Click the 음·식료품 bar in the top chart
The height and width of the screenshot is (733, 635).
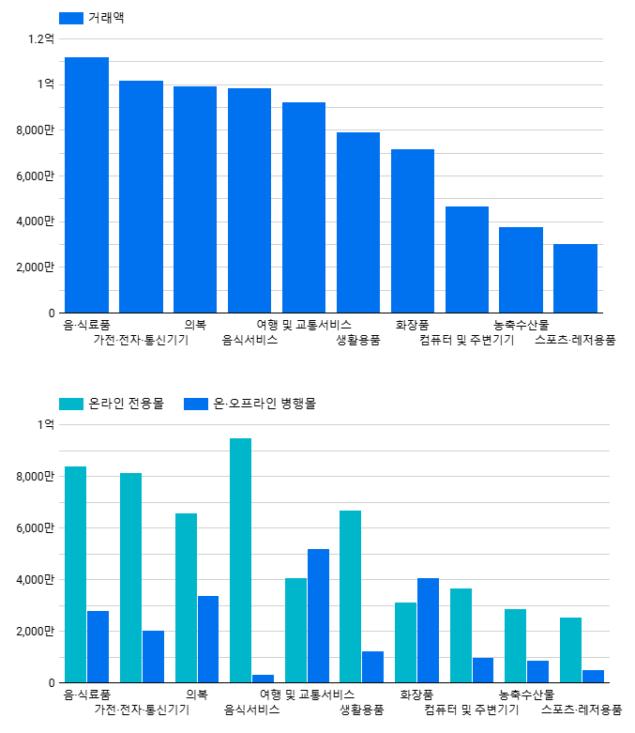coord(86,185)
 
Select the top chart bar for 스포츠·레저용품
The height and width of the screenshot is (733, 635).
coord(575,278)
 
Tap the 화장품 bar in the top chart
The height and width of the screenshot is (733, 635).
coord(413,231)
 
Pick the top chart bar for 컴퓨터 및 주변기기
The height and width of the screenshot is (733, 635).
coord(467,259)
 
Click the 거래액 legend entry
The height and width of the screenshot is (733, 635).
coord(92,18)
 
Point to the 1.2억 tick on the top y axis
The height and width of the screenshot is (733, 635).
coord(41,38)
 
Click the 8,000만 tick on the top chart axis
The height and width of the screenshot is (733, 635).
coord(35,130)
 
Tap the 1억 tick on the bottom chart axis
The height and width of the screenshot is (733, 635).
coord(46,424)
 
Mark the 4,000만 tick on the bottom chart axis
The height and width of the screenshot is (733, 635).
coord(35,579)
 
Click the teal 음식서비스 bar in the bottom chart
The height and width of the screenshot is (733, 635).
coord(241,560)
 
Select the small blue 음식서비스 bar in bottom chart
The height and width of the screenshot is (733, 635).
coord(263,678)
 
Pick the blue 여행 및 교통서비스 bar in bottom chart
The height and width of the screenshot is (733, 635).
coord(318,616)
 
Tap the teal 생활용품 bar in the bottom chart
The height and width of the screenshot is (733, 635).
coord(350,596)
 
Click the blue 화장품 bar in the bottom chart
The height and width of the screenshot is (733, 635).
coord(428,630)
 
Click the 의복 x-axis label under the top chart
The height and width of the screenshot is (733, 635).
coord(195,325)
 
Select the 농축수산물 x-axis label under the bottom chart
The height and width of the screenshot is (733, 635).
coord(526,695)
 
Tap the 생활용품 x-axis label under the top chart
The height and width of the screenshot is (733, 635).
coord(358,340)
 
